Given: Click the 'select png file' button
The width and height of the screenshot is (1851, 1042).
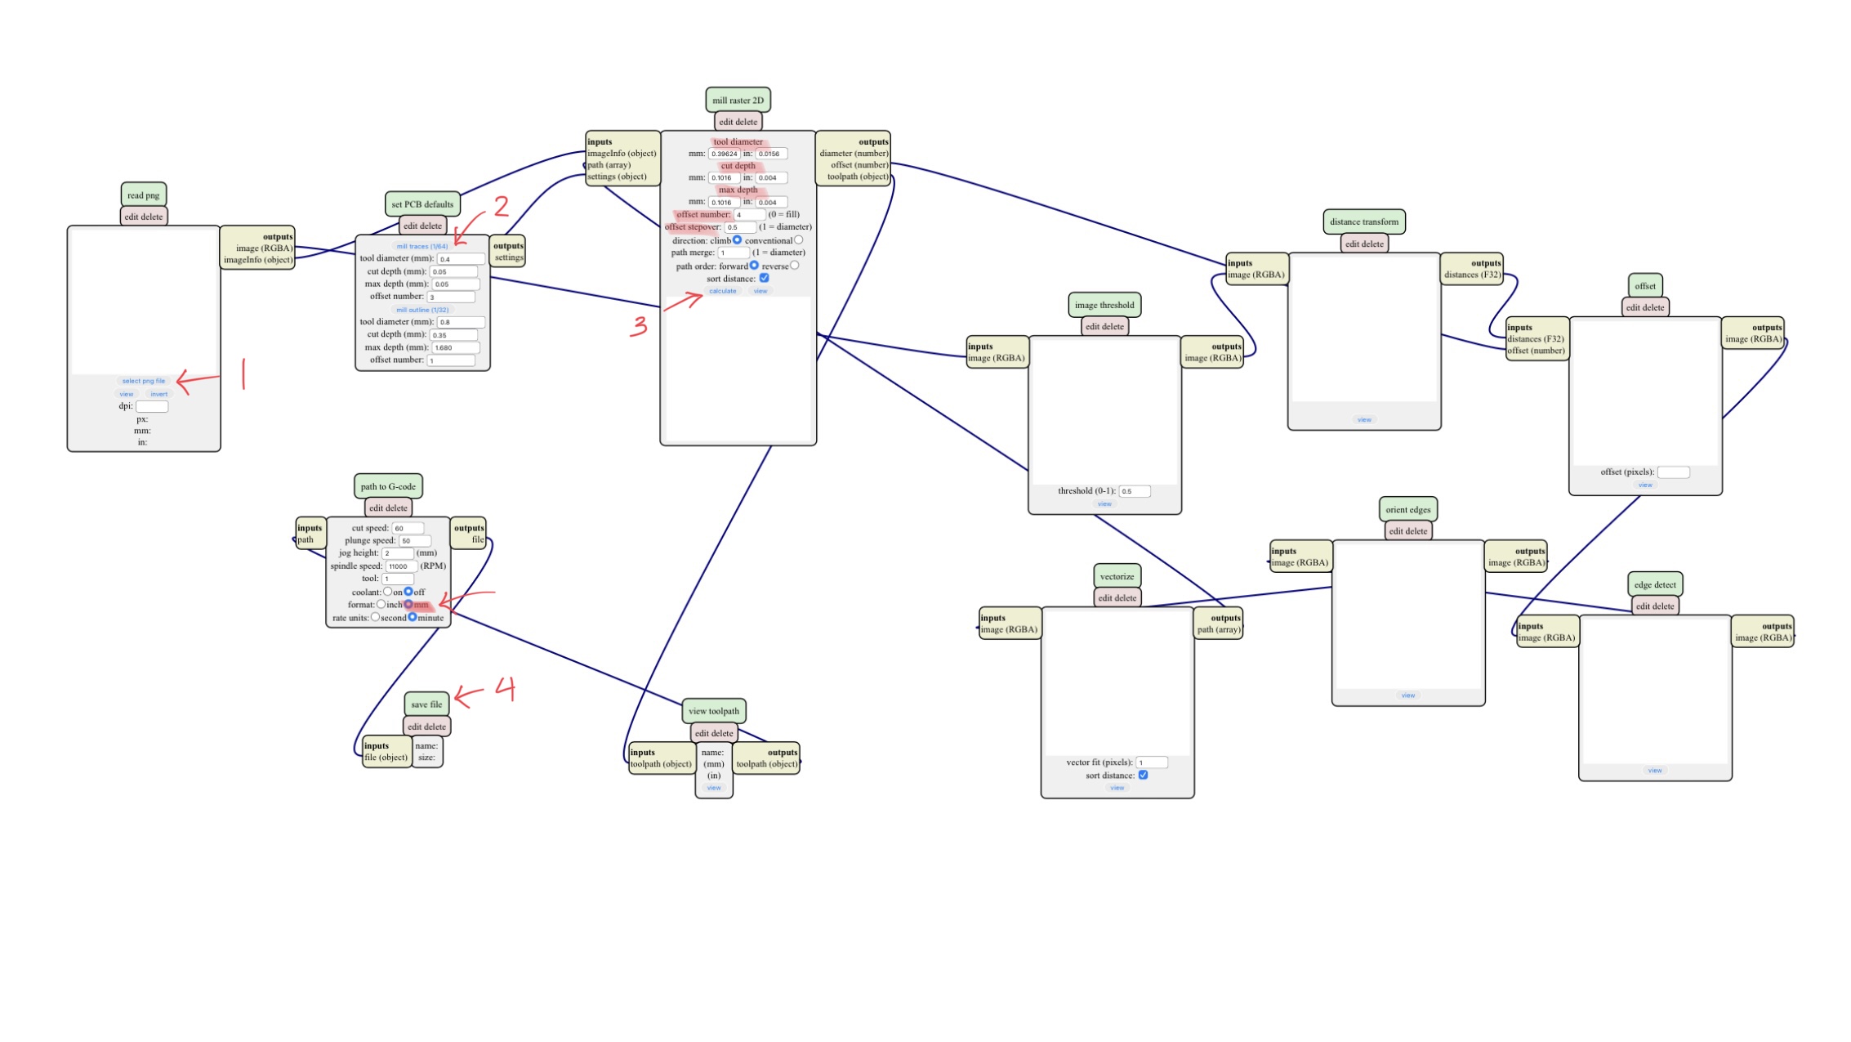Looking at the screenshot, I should pyautogui.click(x=143, y=381).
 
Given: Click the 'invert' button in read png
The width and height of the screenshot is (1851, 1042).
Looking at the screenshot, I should pyautogui.click(x=158, y=394).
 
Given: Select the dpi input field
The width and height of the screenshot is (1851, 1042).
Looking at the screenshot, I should pyautogui.click(x=152, y=406).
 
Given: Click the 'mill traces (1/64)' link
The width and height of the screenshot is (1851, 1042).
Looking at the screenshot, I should pyautogui.click(x=422, y=246).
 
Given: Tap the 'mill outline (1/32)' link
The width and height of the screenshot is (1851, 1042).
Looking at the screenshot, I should pyautogui.click(x=422, y=310).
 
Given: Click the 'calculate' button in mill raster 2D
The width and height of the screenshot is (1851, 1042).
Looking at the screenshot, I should pyautogui.click(x=722, y=291).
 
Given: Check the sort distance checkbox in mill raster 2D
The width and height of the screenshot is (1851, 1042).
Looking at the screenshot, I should pyautogui.click(x=765, y=278).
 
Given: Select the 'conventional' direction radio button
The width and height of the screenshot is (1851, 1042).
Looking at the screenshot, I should pyautogui.click(x=799, y=240).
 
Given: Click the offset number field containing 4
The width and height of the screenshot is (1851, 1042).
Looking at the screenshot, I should pyautogui.click(x=749, y=215).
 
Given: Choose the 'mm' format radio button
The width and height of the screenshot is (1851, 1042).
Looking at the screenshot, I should pyautogui.click(x=408, y=605).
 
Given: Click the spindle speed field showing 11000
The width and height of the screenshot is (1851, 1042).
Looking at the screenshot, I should pyautogui.click(x=402, y=566).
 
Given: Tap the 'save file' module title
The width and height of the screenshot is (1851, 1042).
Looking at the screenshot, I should pyautogui.click(x=426, y=704).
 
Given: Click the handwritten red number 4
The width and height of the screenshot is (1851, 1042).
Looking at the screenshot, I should pyautogui.click(x=506, y=690).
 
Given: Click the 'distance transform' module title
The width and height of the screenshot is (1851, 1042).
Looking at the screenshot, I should pyautogui.click(x=1363, y=221).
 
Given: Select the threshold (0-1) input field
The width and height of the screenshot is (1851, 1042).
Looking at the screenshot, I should pyautogui.click(x=1134, y=491).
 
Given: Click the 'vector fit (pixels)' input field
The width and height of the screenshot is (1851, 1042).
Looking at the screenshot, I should pyautogui.click(x=1152, y=762).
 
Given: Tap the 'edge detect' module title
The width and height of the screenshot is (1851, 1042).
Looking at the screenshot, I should pyautogui.click(x=1655, y=585).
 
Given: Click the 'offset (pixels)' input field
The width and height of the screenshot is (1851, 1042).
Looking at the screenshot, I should pyautogui.click(x=1673, y=472).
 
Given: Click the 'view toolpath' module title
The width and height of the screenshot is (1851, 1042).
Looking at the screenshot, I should pyautogui.click(x=713, y=711).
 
